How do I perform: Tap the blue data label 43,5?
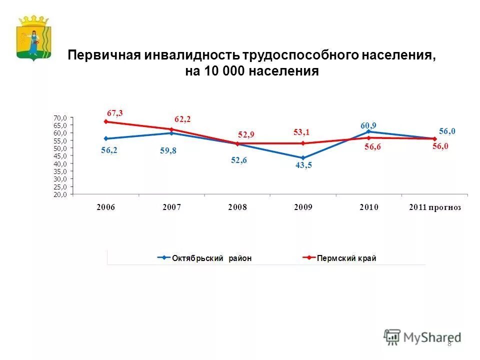tap(303, 166)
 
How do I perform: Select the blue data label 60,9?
tap(368, 125)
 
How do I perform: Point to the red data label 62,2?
tap(182, 119)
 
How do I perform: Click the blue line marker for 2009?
tap(303, 157)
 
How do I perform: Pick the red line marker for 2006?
tap(106, 121)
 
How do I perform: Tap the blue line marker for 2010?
tap(368, 131)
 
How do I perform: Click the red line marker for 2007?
tap(171, 129)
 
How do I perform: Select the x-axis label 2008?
tap(237, 207)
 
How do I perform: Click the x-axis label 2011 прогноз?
tap(434, 207)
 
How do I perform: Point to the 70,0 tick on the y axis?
tap(60, 117)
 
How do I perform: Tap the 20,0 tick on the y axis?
tap(60, 194)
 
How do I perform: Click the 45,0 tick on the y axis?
tap(60, 156)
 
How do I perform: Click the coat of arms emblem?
tap(33, 37)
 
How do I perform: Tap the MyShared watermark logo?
tap(422, 337)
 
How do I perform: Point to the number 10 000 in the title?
tap(223, 71)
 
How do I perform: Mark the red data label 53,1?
tap(301, 132)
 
